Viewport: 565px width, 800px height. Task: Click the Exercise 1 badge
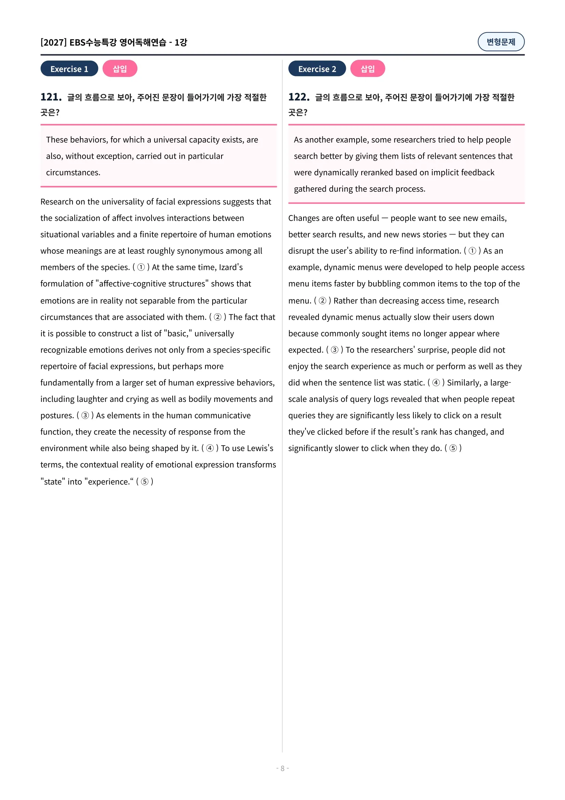point(69,69)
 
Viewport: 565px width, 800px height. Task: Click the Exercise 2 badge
point(317,69)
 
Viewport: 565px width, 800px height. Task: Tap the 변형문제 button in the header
point(501,42)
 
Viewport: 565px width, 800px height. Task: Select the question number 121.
point(51,97)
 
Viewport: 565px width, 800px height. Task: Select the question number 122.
point(299,97)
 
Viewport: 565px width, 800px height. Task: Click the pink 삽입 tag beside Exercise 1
point(120,69)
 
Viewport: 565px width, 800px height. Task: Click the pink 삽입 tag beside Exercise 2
point(367,69)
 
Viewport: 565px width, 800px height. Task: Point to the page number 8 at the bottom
point(282,768)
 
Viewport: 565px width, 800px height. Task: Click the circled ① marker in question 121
point(141,267)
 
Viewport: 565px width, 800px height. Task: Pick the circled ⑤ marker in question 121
point(145,482)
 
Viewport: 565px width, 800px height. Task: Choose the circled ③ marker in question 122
point(334,350)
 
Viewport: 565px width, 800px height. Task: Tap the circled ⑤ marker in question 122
point(453,448)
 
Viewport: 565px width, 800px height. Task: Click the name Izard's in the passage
point(230,267)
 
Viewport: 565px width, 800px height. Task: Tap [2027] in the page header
point(53,42)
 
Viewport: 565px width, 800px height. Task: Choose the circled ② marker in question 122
point(322,301)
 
